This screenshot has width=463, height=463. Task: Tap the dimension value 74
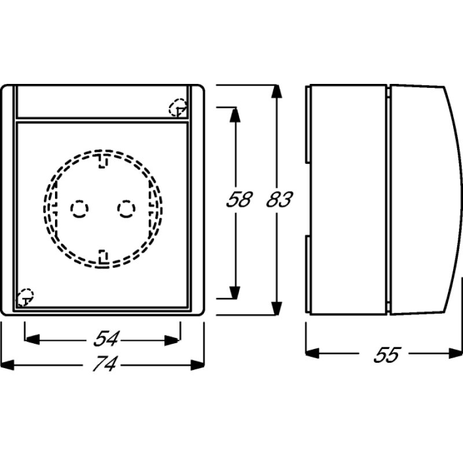[x=104, y=365]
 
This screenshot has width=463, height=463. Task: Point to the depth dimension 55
[x=385, y=354]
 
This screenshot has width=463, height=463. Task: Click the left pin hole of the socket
[x=78, y=208]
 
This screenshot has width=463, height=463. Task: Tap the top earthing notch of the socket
[x=102, y=160]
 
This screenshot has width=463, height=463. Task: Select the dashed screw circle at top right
[x=177, y=108]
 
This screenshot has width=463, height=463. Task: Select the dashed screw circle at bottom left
[x=25, y=297]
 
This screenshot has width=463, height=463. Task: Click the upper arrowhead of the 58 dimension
[x=234, y=114]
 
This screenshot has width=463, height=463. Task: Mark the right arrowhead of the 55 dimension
[x=454, y=352]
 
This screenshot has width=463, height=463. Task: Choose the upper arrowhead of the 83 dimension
[x=277, y=93]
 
